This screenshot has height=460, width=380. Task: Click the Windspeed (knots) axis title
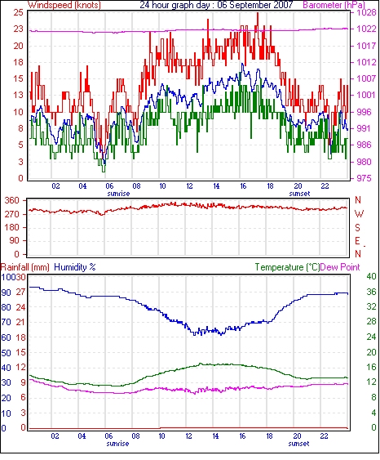point(64,5)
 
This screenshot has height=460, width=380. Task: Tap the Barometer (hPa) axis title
point(334,5)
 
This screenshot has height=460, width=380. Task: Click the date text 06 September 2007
point(255,5)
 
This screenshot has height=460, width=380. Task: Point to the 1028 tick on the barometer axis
point(366,12)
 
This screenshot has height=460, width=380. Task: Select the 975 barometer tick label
point(364,178)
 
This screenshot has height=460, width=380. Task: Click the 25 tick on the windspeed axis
point(18,12)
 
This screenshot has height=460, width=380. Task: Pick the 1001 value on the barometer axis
point(366,95)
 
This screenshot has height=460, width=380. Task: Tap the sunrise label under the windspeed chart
point(118,194)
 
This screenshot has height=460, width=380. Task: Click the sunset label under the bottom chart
point(298,444)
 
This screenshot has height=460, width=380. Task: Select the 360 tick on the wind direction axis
point(12,200)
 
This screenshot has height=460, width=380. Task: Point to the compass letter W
point(359,214)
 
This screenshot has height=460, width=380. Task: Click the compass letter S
point(357,227)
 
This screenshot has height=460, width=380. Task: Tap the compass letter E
point(357,241)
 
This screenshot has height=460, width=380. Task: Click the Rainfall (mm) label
point(25,267)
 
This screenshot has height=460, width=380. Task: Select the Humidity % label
point(75,267)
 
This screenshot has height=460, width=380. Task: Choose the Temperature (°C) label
point(287,267)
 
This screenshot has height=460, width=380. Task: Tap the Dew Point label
point(340,267)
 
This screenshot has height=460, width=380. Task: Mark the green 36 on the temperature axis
point(372,292)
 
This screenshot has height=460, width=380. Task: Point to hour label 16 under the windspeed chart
point(243,186)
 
